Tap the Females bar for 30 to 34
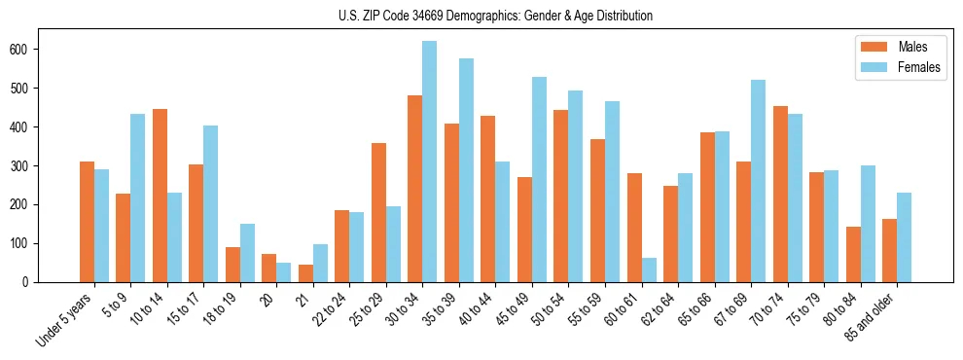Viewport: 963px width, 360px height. [429, 162]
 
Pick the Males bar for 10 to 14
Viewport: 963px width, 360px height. [160, 196]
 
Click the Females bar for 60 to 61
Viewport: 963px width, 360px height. [648, 270]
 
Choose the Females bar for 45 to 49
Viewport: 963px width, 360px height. [539, 179]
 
